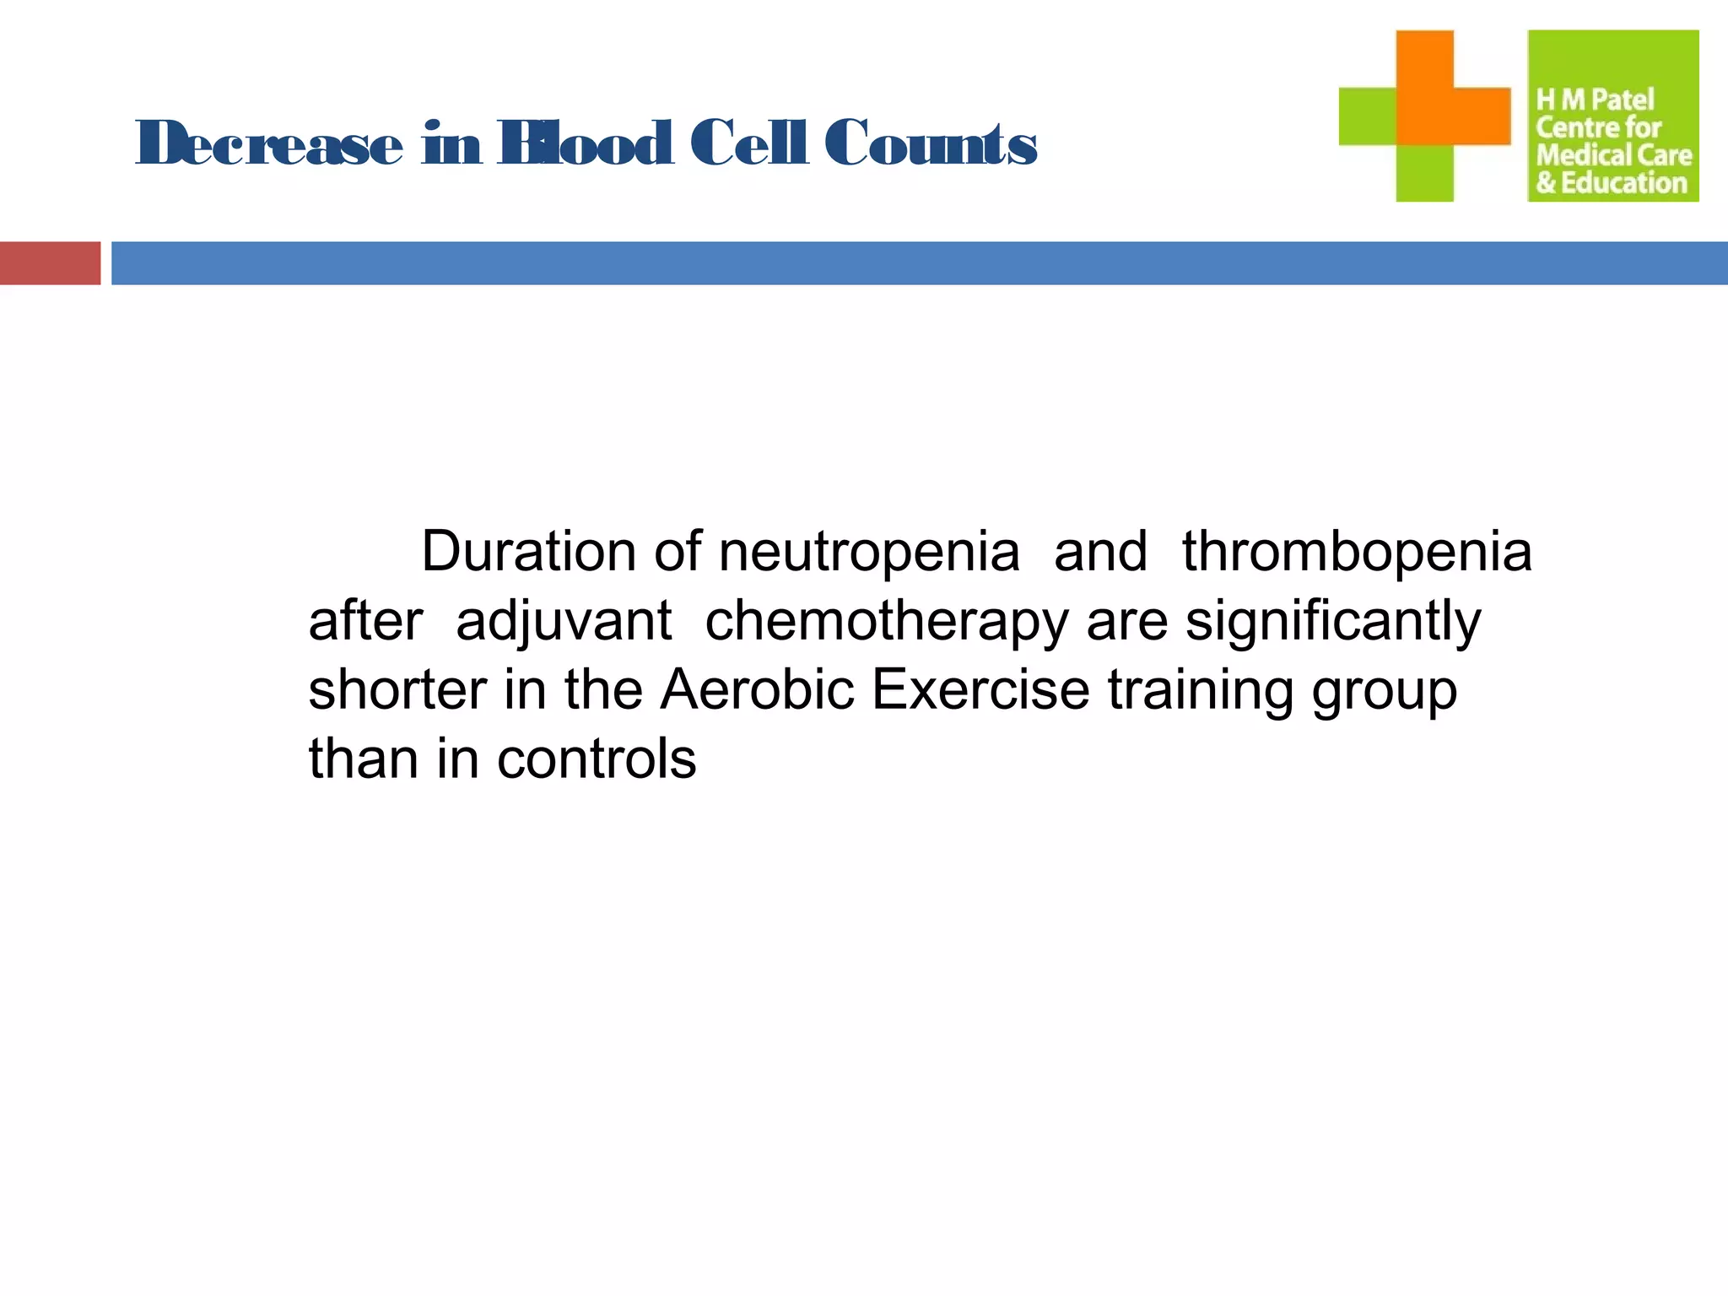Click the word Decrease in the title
click(268, 143)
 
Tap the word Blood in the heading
click(586, 143)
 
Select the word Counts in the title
click(930, 143)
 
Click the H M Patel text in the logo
click(1595, 100)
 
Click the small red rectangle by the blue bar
click(50, 263)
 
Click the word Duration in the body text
click(528, 552)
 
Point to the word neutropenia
click(868, 553)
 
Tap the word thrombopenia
click(1356, 553)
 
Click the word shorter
click(397, 690)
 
